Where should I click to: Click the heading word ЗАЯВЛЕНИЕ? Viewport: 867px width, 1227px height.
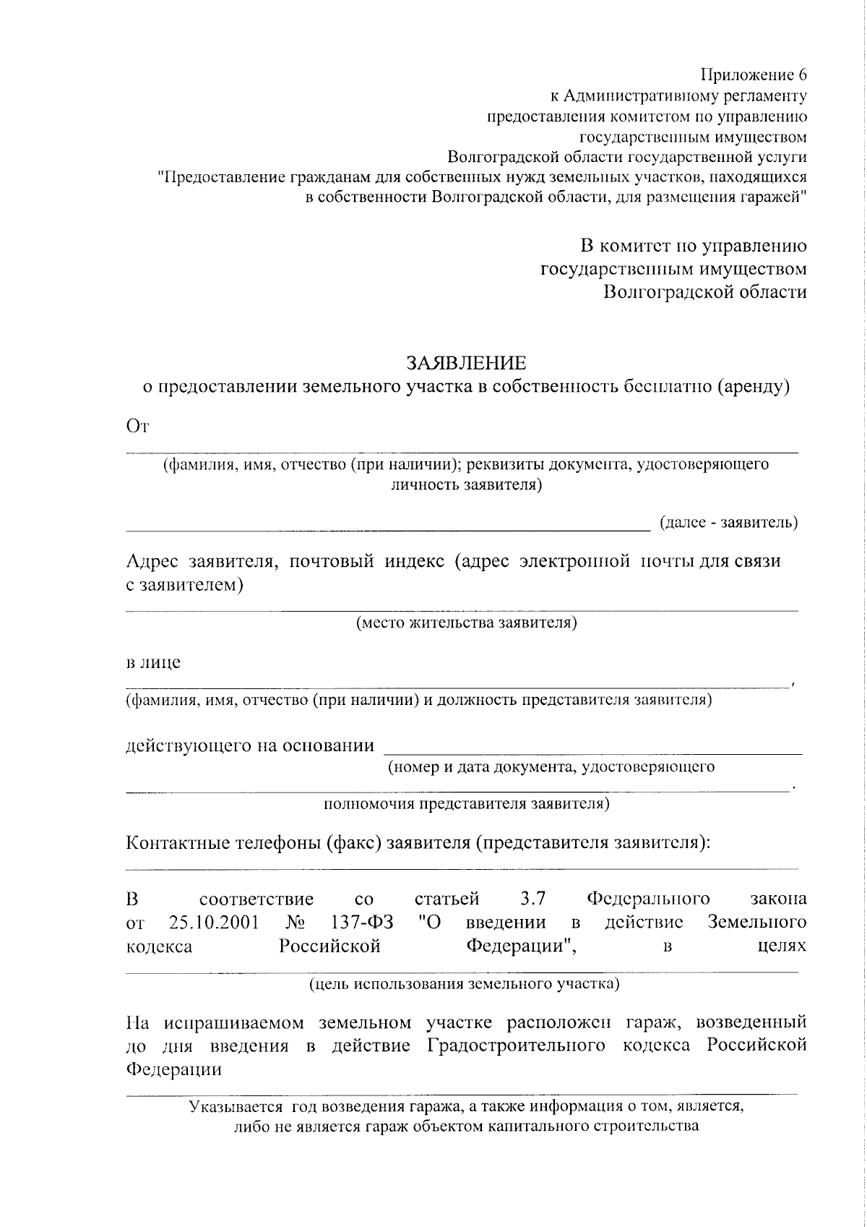(466, 362)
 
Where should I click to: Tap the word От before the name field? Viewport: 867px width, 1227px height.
(137, 427)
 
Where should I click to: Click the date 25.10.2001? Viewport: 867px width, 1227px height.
(215, 923)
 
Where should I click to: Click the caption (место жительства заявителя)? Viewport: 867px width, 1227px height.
(466, 623)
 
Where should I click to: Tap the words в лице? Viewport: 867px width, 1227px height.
(153, 662)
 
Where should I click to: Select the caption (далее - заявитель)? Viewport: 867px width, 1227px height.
(729, 522)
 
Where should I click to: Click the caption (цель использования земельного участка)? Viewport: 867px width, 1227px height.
(464, 984)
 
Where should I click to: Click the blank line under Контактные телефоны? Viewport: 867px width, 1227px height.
(462, 867)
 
